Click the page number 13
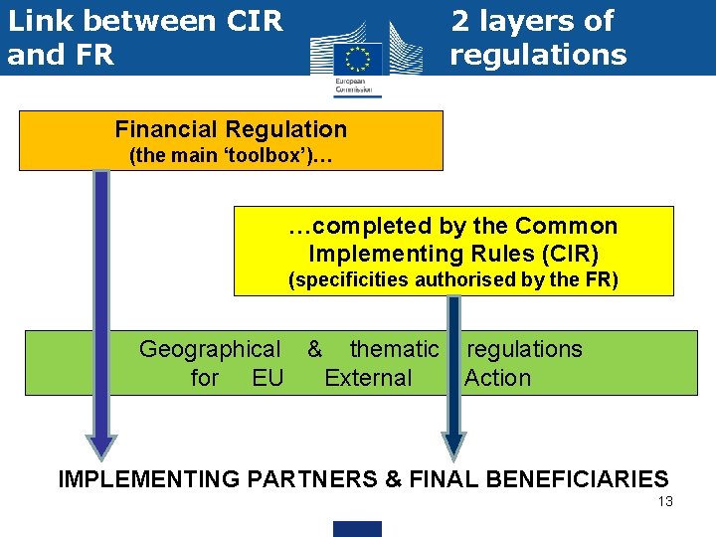pos(665,501)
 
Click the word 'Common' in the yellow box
pos(570,227)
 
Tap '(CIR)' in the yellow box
pos(565,254)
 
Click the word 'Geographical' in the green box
pos(210,349)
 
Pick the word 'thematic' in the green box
pos(393,349)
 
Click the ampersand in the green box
pos(314,349)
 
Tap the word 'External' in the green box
pos(368,378)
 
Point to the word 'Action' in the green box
pos(497,378)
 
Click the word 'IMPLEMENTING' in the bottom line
pos(149,479)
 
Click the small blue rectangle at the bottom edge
pos(357,528)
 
